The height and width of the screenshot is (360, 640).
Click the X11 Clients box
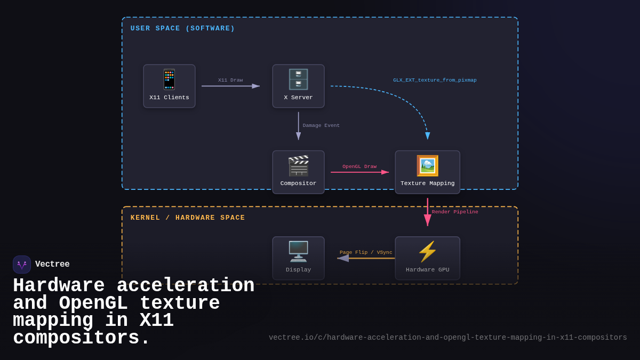[169, 86]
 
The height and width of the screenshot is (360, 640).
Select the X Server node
[298, 86]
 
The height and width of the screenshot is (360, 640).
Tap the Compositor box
[298, 172]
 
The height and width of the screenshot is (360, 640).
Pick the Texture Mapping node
[427, 172]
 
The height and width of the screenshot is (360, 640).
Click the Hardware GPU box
[427, 258]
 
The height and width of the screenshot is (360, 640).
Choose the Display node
[298, 258]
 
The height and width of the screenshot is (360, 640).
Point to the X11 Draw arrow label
[230, 80]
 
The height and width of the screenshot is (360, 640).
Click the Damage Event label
[321, 125]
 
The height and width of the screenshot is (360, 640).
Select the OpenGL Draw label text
[359, 166]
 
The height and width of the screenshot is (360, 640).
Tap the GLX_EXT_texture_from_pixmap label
[435, 80]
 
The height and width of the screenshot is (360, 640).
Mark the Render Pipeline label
[455, 212]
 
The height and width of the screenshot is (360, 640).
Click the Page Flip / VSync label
[366, 252]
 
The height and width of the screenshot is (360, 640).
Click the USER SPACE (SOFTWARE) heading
[182, 28]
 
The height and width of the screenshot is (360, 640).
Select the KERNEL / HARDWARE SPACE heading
[188, 218]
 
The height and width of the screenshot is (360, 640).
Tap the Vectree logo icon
[22, 265]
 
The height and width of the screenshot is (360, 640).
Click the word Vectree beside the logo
[52, 265]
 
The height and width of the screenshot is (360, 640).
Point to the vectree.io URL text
[447, 338]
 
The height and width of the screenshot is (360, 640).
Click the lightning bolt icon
[427, 251]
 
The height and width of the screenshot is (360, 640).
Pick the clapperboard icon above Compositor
[298, 166]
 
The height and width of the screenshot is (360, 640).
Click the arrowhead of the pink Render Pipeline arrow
[428, 220]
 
